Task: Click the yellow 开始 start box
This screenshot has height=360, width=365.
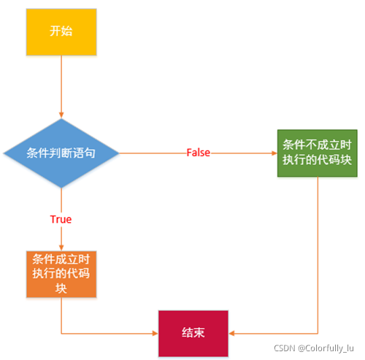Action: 61,31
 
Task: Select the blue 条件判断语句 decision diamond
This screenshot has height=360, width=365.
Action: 61,153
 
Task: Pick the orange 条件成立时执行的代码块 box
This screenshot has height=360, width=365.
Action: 61,274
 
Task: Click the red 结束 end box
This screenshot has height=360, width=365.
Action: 193,332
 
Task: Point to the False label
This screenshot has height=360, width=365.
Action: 199,152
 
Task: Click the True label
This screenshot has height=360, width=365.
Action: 61,219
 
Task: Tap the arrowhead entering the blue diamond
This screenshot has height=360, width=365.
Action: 61,115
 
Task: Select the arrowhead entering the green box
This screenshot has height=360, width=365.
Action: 274,153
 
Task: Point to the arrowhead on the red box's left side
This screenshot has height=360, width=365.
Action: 155,332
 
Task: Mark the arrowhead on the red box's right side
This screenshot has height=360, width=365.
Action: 232,332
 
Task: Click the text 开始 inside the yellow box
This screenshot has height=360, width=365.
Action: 61,31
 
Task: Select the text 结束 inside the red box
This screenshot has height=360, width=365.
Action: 193,332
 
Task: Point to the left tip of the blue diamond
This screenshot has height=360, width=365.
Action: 4,153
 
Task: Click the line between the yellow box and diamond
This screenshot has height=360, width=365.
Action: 61,84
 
